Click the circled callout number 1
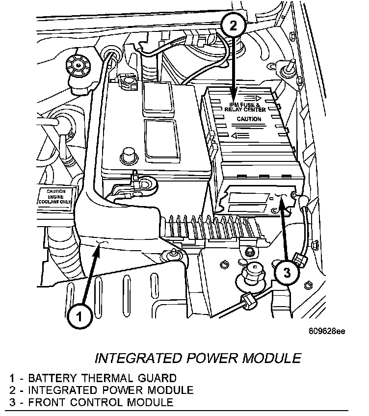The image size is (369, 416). pyautogui.click(x=79, y=316)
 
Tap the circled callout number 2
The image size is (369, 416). pyautogui.click(x=234, y=26)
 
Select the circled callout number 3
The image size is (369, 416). pyautogui.click(x=287, y=272)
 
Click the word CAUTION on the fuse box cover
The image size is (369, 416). pyautogui.click(x=249, y=119)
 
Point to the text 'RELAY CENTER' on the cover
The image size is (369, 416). pyautogui.click(x=245, y=109)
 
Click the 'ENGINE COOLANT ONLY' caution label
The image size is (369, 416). pyautogui.click(x=55, y=197)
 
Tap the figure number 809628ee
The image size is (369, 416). pyautogui.click(x=327, y=331)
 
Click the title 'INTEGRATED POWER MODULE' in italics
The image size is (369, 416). pyautogui.click(x=198, y=358)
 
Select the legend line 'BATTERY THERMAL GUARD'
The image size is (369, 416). pyautogui.click(x=93, y=378)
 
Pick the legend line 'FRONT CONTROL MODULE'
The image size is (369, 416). pyautogui.click(x=91, y=402)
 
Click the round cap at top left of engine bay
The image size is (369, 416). pyautogui.click(x=78, y=65)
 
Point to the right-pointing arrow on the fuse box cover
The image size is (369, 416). pyautogui.click(x=253, y=98)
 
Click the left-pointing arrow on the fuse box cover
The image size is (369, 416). pyautogui.click(x=240, y=136)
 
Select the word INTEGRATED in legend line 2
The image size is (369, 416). pyautogui.click(x=63, y=390)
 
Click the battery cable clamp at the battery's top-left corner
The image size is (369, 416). pyautogui.click(x=128, y=81)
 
